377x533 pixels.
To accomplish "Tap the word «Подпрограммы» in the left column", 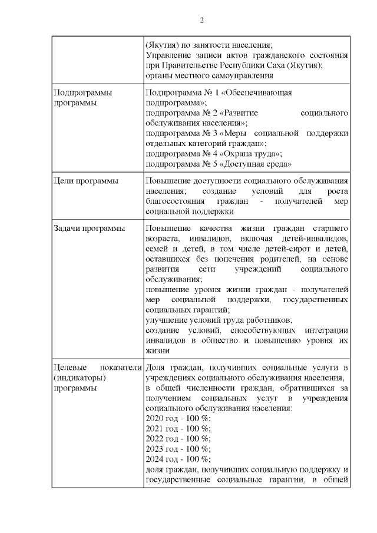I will [x=83, y=92].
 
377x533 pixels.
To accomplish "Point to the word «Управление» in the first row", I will [x=170, y=55].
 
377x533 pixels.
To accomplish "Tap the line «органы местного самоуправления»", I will [x=209, y=75].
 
